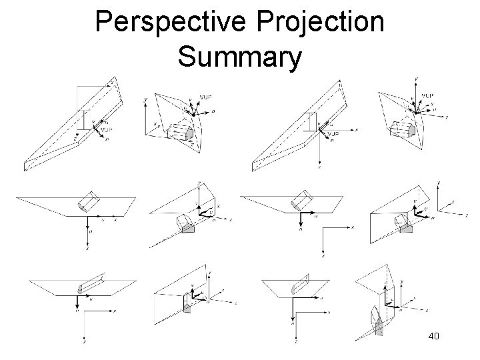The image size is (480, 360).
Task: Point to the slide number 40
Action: click(x=433, y=337)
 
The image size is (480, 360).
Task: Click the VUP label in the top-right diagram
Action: click(x=429, y=95)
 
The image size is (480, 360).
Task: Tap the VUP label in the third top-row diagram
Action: click(x=334, y=133)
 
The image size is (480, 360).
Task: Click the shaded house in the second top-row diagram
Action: click(x=182, y=133)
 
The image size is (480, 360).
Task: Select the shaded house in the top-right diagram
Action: click(x=404, y=130)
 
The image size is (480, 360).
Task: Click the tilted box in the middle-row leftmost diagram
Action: click(x=89, y=201)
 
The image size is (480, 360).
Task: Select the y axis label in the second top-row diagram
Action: click(x=146, y=100)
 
